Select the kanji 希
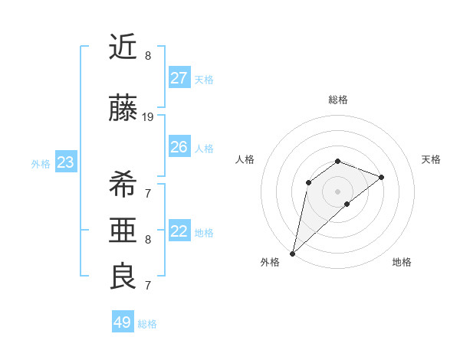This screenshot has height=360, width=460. pos(123,184)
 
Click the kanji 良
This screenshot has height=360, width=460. pos(123,276)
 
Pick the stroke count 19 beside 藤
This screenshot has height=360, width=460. pos(148,117)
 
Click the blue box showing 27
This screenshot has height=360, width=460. pos(179,78)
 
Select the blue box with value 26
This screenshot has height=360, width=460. pos(179,147)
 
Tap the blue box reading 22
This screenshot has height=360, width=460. pos(179,231)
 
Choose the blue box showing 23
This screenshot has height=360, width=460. pos(65,162)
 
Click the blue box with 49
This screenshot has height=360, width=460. pos(123,322)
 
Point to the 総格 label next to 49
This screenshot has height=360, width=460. pos(147,324)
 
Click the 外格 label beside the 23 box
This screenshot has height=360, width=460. pos(41,163)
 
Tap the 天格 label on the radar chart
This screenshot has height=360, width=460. pos(431,159)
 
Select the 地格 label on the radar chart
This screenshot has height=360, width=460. pos(402,262)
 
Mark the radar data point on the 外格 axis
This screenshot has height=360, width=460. pos(292,253)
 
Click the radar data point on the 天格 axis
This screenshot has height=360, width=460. pos(381,177)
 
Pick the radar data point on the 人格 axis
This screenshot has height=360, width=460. pos(308,182)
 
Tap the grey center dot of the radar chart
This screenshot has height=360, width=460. pos(337,191)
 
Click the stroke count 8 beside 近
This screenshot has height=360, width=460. pos(148,56)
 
